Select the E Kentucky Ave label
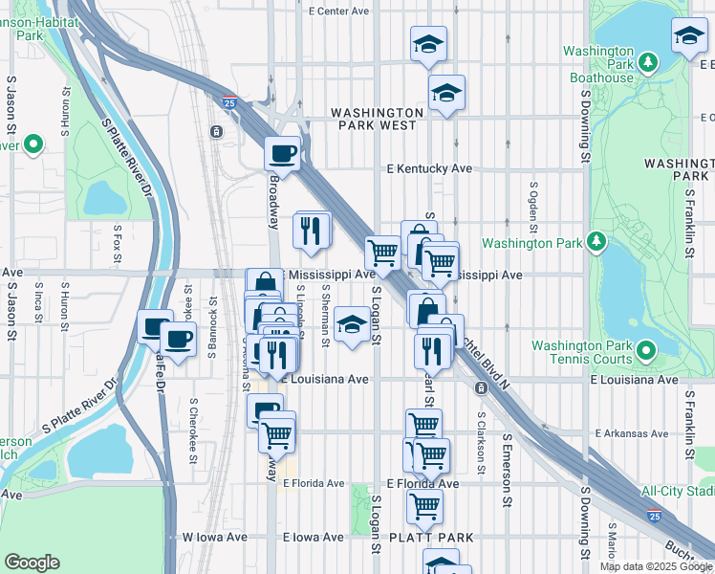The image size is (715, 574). [429, 168]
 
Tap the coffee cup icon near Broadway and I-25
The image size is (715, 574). [282, 152]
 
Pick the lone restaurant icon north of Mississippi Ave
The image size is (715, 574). [312, 230]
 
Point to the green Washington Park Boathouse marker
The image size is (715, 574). [648, 63]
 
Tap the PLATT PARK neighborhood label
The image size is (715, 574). [432, 538]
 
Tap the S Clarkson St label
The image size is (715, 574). [481, 422]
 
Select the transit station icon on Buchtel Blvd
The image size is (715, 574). [478, 386]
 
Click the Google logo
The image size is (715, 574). [32, 562]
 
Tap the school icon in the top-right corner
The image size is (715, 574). [689, 36]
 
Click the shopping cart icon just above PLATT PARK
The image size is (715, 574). [424, 505]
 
